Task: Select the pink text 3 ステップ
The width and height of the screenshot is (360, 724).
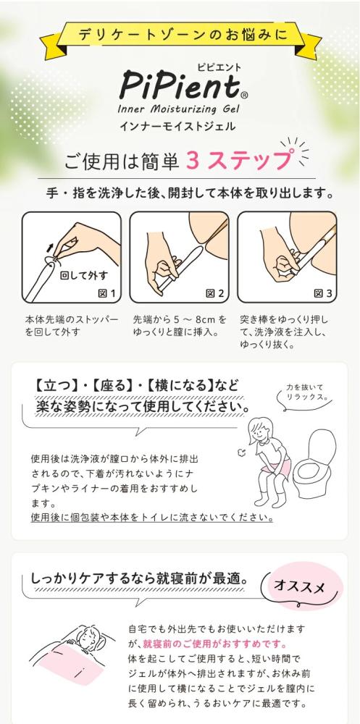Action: click(x=239, y=160)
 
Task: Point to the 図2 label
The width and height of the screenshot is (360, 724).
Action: click(x=215, y=292)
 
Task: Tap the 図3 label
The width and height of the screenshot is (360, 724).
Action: click(x=322, y=292)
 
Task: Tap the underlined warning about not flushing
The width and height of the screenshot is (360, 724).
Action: click(x=151, y=517)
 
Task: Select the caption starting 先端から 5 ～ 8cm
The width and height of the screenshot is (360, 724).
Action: click(x=180, y=325)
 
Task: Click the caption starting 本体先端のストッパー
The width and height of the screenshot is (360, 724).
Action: click(x=72, y=325)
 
